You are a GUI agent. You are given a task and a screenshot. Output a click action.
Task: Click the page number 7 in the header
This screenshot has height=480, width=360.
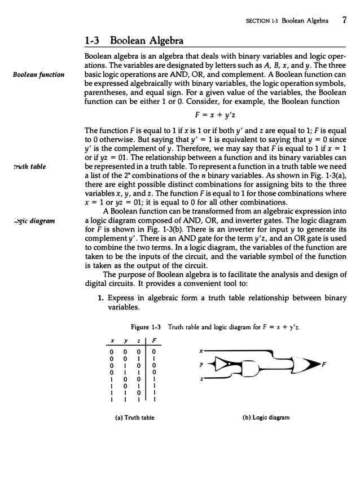point(344,21)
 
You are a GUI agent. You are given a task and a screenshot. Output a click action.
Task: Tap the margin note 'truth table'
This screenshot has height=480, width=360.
point(28,167)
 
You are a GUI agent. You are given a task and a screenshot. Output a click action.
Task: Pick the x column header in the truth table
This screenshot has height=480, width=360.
point(113,341)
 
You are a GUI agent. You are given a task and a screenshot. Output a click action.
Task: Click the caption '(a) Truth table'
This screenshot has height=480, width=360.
point(130,418)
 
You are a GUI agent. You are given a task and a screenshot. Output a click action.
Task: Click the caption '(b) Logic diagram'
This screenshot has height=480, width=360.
point(264,418)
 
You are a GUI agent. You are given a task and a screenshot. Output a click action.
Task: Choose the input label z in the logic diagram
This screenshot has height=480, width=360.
point(201,379)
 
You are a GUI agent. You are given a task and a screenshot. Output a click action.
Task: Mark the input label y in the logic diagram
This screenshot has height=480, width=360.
point(201,365)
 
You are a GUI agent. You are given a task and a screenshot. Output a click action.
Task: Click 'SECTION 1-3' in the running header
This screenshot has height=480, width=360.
point(261,21)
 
